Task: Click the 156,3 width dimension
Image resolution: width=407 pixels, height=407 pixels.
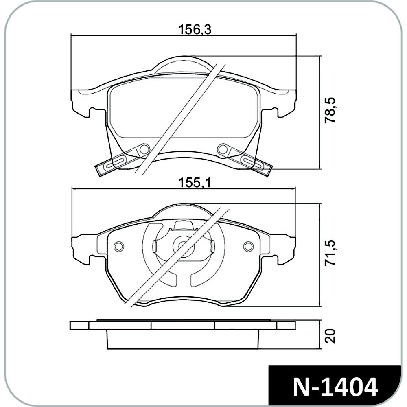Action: coord(195,30)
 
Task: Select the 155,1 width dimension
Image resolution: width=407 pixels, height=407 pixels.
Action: coord(195,183)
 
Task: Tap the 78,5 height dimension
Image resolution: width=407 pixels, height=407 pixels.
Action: coord(330,111)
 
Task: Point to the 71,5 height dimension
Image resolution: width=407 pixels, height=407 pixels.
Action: coord(330,253)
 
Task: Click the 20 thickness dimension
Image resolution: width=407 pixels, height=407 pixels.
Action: coord(330,337)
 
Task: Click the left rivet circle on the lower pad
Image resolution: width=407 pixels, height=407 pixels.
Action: coord(119,246)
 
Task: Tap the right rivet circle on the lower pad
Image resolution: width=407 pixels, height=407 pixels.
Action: coord(248,246)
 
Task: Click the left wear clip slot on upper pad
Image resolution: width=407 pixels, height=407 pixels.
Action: coord(118,163)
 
